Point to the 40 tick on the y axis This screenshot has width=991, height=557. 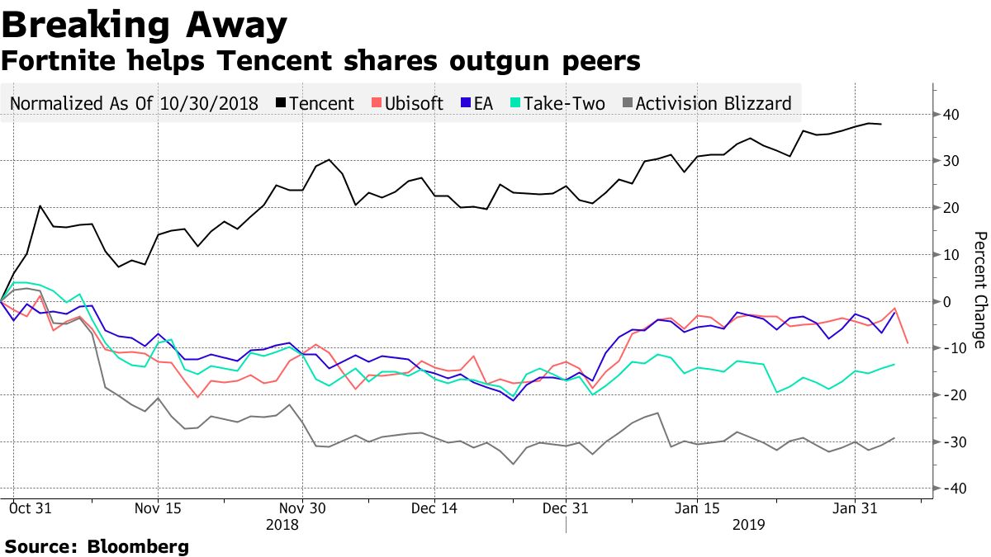(x=953, y=114)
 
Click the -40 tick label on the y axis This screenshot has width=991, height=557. (x=951, y=489)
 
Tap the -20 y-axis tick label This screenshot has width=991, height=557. (x=951, y=395)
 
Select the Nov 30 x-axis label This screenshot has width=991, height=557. (x=303, y=509)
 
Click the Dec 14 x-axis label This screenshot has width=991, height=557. (x=434, y=509)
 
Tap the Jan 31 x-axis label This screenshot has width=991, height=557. (x=854, y=509)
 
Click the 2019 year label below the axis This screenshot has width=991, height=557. (x=748, y=524)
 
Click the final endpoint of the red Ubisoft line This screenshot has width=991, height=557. (x=908, y=342)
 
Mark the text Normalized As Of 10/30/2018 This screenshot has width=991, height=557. (x=134, y=103)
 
